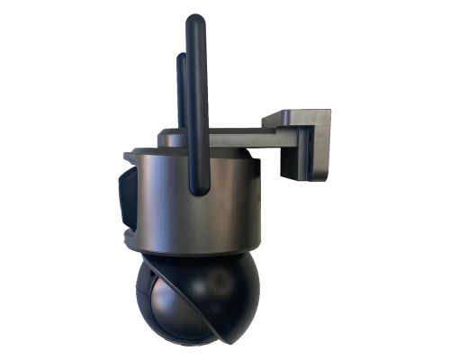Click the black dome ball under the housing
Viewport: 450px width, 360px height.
pos(193,301)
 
